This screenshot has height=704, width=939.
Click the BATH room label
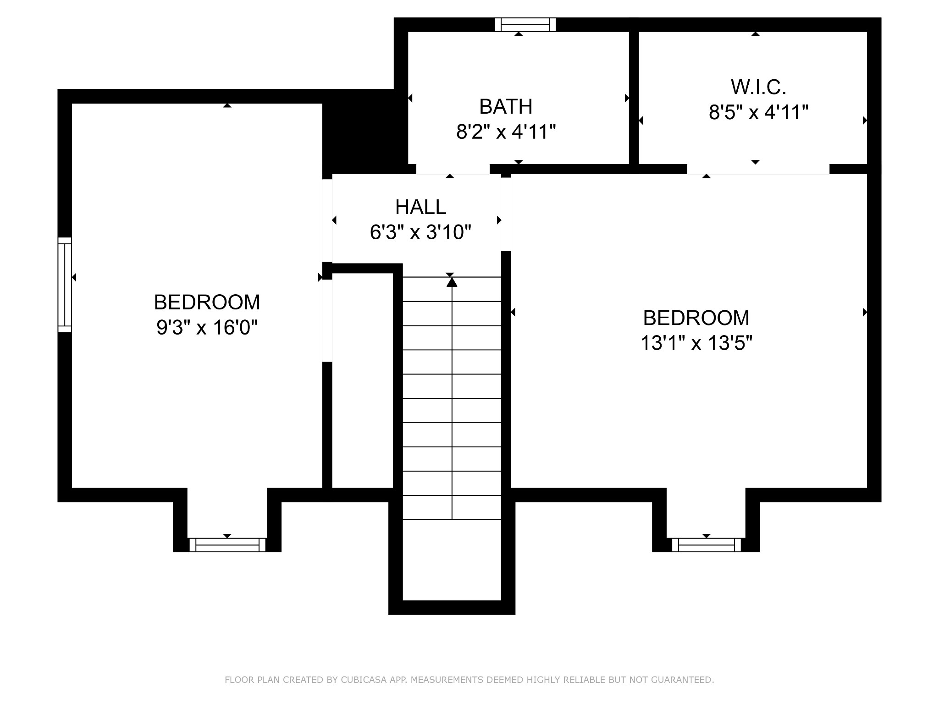coord(506,106)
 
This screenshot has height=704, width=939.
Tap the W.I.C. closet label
coord(758,87)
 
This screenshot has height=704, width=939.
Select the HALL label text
coord(420,207)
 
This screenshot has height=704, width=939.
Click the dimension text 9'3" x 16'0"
coord(207,327)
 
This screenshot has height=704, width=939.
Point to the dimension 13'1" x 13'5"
coord(696,343)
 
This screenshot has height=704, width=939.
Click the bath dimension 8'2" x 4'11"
coord(506,132)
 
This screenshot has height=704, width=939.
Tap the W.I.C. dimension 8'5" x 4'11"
coord(758,112)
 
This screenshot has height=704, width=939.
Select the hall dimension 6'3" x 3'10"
coord(420,232)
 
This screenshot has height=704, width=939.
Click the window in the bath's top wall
coord(525,25)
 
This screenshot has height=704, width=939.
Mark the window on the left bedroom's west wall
coord(65,285)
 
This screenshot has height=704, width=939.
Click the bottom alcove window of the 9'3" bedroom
coord(227,545)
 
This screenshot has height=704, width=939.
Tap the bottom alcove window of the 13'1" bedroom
coord(707,545)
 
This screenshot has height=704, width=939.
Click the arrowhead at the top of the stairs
coord(452,282)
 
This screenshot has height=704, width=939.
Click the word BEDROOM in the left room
coord(207,302)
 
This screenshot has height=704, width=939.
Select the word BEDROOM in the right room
coord(696,318)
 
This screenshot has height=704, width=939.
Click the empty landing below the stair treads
coord(452,560)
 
